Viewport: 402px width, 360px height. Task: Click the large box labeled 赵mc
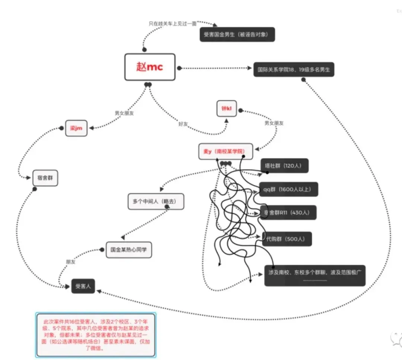click(x=150, y=67)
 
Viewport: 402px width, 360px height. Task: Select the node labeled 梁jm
click(x=76, y=128)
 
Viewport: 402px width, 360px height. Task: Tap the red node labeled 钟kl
click(x=227, y=108)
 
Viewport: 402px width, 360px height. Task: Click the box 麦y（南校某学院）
click(x=226, y=152)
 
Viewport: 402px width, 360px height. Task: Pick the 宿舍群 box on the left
click(x=45, y=178)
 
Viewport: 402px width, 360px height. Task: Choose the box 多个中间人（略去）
click(x=156, y=201)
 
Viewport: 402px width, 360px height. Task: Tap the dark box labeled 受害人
click(x=83, y=286)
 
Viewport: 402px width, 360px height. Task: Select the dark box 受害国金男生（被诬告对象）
click(x=237, y=35)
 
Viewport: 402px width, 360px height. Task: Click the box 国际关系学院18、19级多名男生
click(x=294, y=69)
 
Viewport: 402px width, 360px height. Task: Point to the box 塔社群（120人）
click(x=285, y=166)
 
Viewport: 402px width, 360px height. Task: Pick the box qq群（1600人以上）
click(x=285, y=189)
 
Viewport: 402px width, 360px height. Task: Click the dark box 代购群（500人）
click(x=286, y=239)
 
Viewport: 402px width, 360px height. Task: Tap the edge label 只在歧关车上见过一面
click(x=172, y=23)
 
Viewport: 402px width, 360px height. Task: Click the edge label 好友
click(x=183, y=122)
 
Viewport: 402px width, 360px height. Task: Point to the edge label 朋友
click(x=70, y=262)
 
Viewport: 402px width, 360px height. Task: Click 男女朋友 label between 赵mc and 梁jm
click(x=124, y=113)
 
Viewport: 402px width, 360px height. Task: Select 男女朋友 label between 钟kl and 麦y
click(x=274, y=123)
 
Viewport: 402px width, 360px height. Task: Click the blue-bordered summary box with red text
click(x=96, y=335)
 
